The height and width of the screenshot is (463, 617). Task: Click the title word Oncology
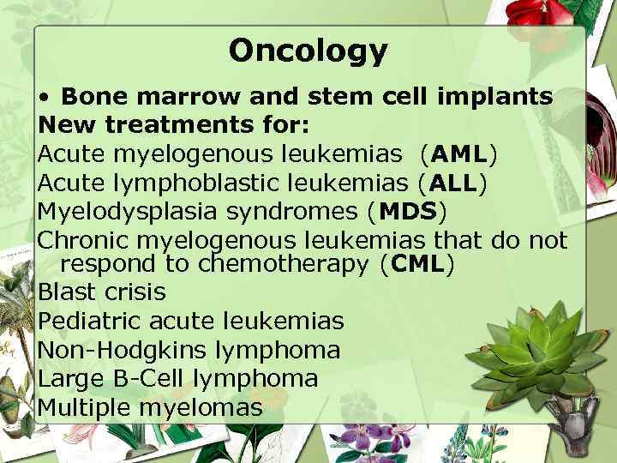[x=308, y=51]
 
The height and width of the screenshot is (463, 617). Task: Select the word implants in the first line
[x=504, y=98]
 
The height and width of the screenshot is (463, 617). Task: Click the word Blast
[x=65, y=292]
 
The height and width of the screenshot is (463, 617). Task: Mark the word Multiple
[x=82, y=406]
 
